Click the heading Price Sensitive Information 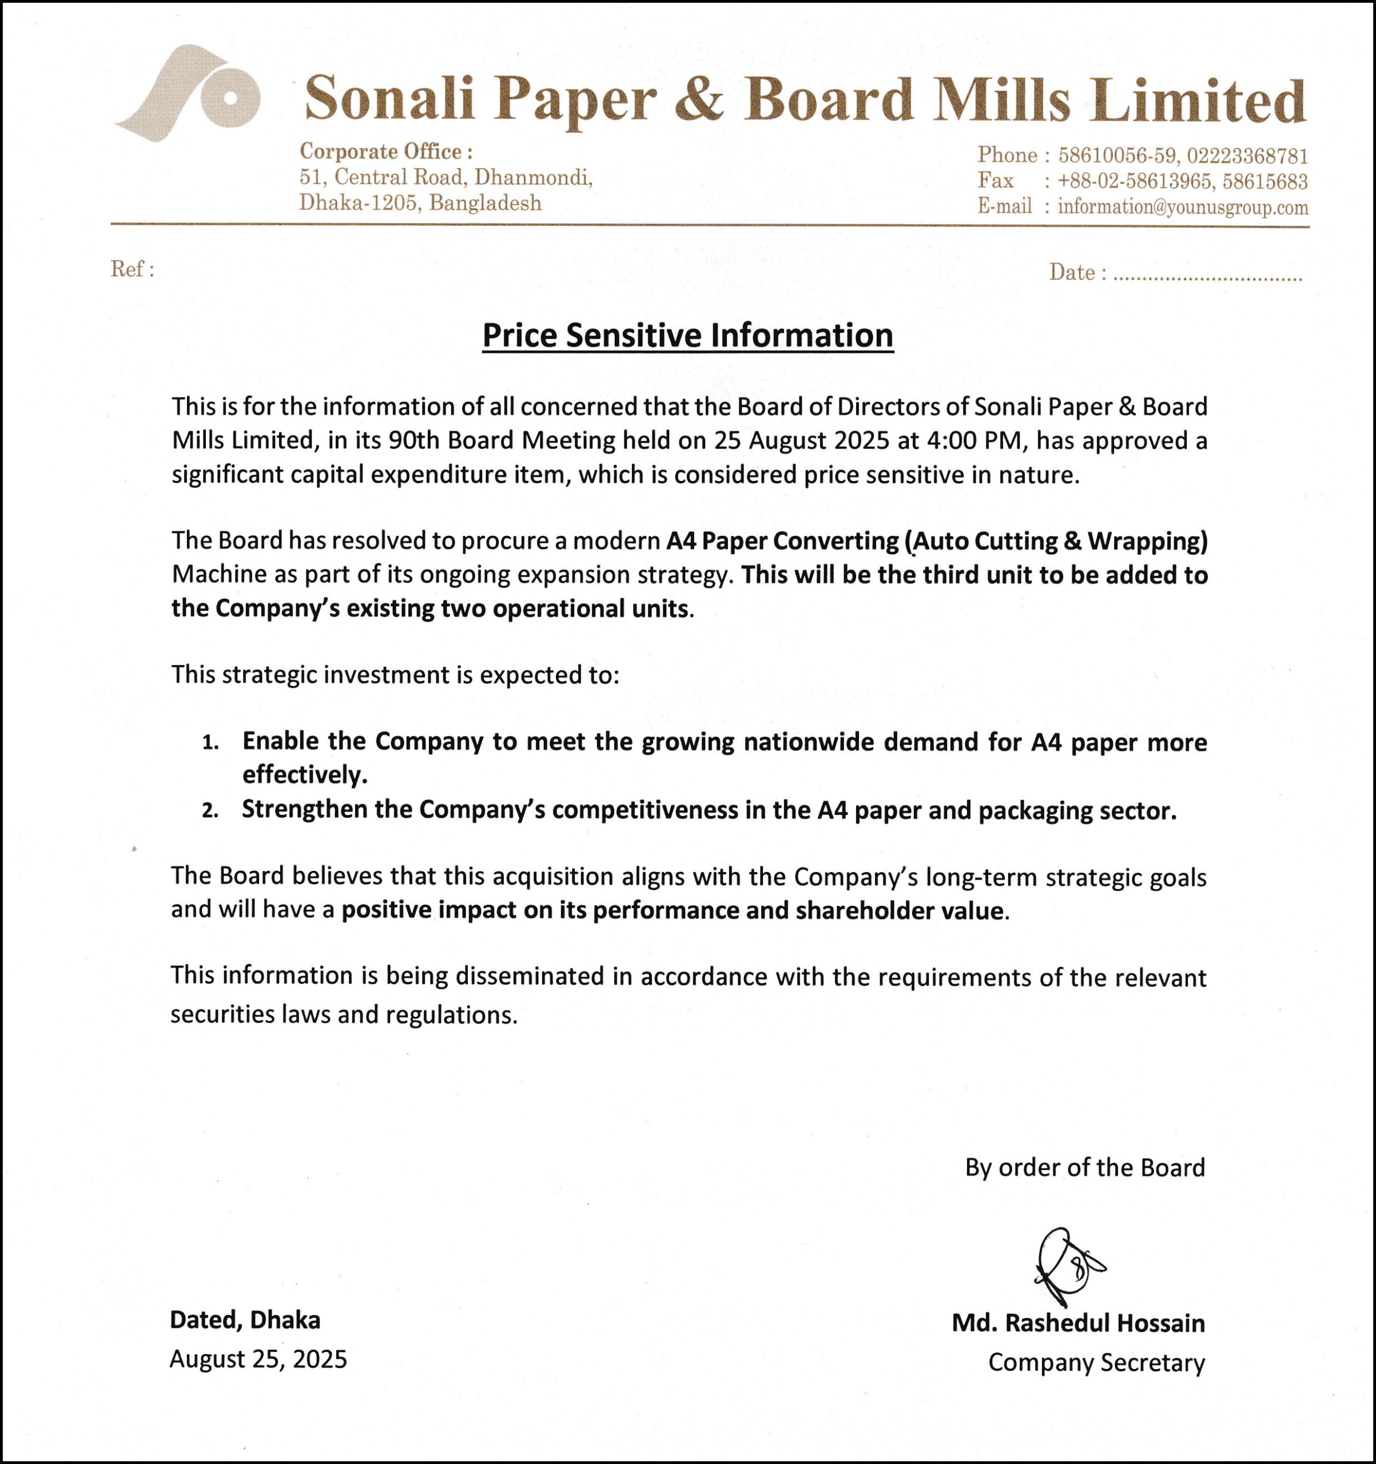(687, 336)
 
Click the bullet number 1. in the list (210, 742)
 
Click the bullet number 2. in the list (210, 811)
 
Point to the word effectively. (304, 775)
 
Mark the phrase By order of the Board (1085, 1168)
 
